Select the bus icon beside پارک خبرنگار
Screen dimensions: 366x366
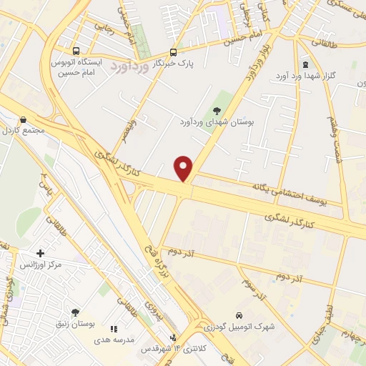pos(174,52)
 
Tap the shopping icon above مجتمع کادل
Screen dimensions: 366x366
pos(24,120)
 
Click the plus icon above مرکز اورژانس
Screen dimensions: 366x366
pos(40,253)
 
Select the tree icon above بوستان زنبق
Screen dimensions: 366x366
pos(75,312)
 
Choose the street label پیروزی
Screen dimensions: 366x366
pos(152,309)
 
